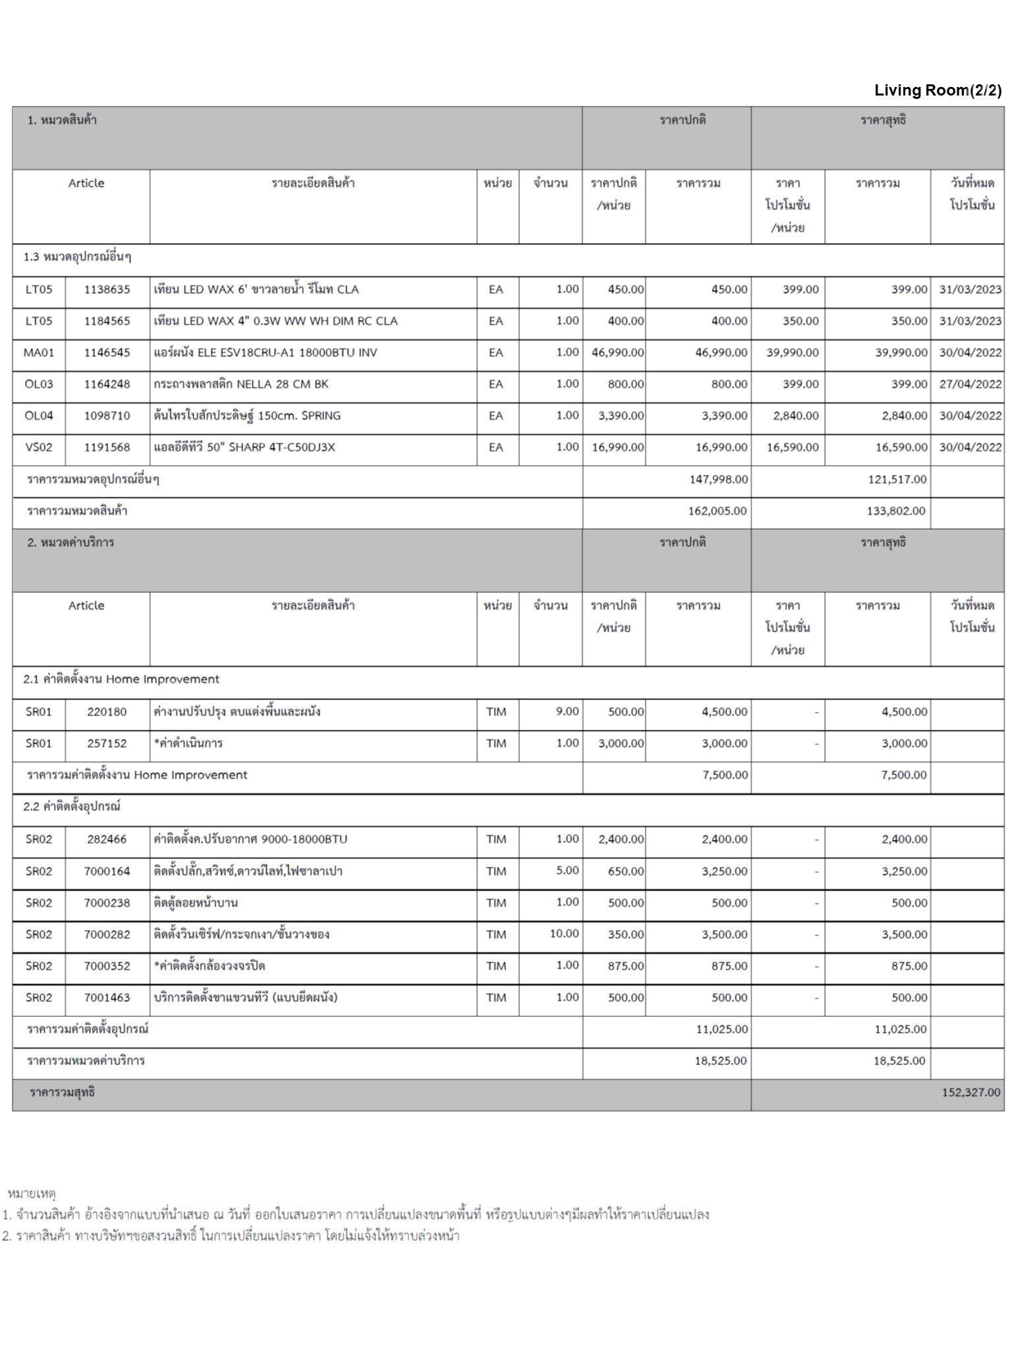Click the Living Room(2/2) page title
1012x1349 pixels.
(938, 90)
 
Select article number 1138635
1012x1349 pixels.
(107, 289)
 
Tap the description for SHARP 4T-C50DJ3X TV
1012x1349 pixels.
(244, 447)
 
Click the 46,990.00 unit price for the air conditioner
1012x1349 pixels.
(617, 352)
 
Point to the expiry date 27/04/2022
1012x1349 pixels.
(970, 384)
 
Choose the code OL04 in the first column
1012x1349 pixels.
(38, 416)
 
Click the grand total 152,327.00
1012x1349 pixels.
(970, 1092)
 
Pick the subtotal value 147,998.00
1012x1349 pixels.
(718, 479)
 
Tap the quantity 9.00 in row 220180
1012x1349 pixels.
(567, 711)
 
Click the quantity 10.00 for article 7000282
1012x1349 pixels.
(564, 933)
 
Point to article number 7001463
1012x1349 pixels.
(107, 997)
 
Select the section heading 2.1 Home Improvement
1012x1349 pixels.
(121, 679)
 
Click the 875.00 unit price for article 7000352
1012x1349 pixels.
(625, 966)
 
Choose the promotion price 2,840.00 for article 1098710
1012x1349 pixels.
(792, 416)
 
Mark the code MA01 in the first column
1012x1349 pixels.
(38, 352)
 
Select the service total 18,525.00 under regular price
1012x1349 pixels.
(720, 1060)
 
